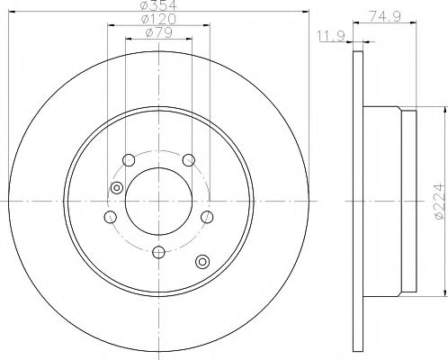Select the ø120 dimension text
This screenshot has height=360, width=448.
(x=158, y=21)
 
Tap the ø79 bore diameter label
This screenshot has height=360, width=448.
(x=158, y=35)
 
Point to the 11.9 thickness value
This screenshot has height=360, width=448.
(x=327, y=38)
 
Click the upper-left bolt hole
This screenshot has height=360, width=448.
(x=129, y=160)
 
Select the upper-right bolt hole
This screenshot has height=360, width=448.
(x=188, y=160)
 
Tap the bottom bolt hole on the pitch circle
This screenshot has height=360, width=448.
(x=158, y=252)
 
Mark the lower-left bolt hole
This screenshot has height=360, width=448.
(x=111, y=218)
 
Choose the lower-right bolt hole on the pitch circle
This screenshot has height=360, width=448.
(x=207, y=218)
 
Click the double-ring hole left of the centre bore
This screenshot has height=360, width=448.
(x=115, y=187)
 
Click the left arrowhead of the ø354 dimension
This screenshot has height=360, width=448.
(x=11, y=13)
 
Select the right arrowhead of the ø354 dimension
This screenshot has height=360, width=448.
(x=306, y=13)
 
